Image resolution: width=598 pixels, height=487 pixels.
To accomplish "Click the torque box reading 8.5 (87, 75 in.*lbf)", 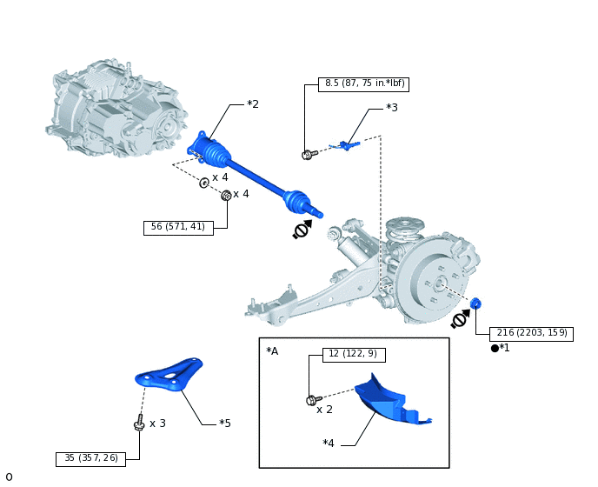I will click(362, 84).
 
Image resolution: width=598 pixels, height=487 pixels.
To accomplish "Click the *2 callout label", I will click(253, 104).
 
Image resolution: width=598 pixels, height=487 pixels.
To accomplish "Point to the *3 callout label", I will click(392, 108).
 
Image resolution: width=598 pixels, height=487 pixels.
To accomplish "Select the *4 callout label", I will click(329, 444).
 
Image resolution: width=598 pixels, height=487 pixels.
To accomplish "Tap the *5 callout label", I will click(225, 424).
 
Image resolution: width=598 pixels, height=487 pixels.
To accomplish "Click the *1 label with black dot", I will click(501, 348).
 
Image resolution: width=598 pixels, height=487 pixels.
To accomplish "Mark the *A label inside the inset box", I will click(273, 350).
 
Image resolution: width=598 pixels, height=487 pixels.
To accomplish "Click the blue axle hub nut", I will click(476, 304).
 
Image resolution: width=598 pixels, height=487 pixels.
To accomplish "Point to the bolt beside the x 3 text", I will click(138, 424).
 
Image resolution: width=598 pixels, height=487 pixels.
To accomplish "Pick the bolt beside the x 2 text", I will click(311, 400).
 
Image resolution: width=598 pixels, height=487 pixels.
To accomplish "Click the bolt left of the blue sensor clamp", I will click(307, 155).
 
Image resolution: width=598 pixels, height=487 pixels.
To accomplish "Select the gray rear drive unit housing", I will click(117, 111).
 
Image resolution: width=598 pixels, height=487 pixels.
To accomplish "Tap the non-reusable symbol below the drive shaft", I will click(302, 230).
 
